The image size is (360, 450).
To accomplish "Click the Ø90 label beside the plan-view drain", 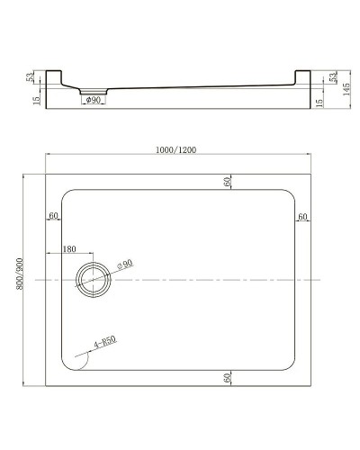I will (126, 263).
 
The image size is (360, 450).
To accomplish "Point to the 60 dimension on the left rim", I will (55, 216).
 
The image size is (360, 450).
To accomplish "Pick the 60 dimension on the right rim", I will (302, 216).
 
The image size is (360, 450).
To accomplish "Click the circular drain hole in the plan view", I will (94, 280).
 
